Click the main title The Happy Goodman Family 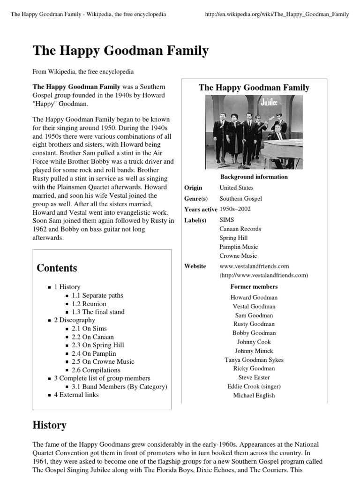tap(120, 51)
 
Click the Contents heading tap(57, 268)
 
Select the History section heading tap(49, 425)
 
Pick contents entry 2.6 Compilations tap(96, 370)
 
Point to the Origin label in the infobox tap(193, 187)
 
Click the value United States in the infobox tap(236, 187)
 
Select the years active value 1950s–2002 tap(235, 209)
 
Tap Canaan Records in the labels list tap(240, 229)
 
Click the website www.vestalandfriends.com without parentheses tap(254, 266)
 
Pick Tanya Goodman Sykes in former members tap(254, 360)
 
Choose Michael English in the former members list tap(254, 395)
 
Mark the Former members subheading tap(254, 286)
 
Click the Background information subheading tap(254, 177)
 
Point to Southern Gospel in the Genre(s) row tap(240, 199)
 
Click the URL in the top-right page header tap(277, 15)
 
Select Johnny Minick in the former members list tap(254, 351)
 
